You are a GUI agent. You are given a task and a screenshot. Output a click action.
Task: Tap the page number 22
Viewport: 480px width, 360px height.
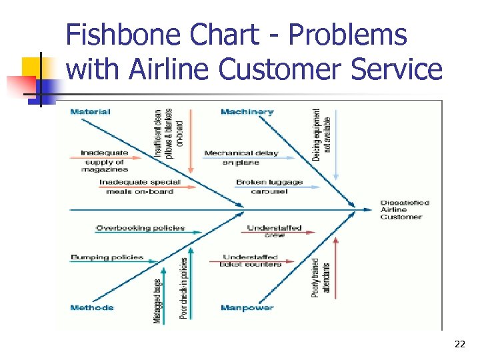459,344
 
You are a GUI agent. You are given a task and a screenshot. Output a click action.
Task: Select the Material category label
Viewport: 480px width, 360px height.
90,111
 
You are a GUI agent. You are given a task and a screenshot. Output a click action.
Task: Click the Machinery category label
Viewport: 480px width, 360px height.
247,111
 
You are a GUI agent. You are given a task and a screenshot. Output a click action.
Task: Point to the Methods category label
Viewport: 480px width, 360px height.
91,307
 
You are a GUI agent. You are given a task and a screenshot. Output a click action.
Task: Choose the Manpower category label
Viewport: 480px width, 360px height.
247,307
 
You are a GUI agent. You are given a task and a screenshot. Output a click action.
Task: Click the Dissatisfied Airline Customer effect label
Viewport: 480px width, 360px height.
405,210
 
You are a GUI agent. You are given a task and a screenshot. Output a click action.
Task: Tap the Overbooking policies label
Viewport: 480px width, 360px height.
140,228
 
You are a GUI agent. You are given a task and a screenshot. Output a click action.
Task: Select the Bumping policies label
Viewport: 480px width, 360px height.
107,257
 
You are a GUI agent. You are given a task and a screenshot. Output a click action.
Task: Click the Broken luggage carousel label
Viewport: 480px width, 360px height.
269,187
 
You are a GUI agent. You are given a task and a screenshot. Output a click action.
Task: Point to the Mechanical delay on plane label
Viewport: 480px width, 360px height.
241,157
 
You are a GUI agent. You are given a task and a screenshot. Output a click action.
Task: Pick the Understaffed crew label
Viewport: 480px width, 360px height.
274,231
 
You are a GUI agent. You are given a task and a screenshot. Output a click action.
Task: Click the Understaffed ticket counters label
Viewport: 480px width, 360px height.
250,261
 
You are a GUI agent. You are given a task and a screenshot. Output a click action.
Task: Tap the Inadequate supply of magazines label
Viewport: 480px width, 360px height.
105,161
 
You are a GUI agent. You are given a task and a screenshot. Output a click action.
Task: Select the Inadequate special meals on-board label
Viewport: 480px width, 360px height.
139,187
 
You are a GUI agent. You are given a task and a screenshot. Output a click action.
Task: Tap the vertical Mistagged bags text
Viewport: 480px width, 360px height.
157,300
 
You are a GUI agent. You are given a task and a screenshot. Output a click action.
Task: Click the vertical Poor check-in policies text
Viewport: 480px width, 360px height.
183,288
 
